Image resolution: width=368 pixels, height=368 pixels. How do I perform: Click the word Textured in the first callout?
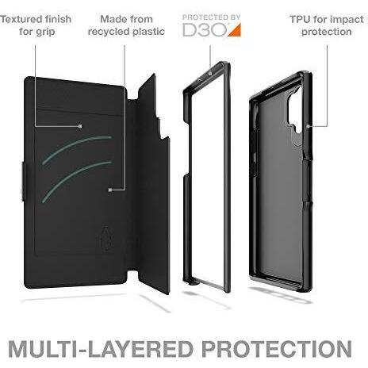pyautogui.click(x=21, y=19)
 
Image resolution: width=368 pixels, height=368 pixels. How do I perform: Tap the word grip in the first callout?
pyautogui.click(x=45, y=33)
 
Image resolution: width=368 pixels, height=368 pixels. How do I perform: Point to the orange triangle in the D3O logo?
pyautogui.click(x=236, y=30)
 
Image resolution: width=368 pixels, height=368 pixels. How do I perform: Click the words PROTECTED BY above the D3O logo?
pyautogui.click(x=212, y=17)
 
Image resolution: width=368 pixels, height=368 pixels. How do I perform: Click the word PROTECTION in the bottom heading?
pyautogui.click(x=277, y=349)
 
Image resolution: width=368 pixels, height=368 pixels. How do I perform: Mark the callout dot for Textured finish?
pyautogui.click(x=80, y=126)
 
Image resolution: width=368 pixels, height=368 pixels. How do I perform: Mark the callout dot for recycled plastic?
pyautogui.click(x=110, y=190)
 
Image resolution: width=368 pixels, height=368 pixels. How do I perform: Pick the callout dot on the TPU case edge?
pyautogui.click(x=308, y=126)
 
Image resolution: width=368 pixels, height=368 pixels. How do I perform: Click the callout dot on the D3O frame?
pyautogui.click(x=210, y=74)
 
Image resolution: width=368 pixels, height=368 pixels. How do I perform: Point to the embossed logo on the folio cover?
pyautogui.click(x=106, y=238)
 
